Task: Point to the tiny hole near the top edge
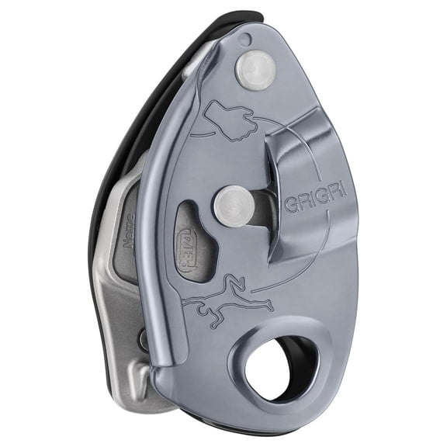(246, 39)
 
